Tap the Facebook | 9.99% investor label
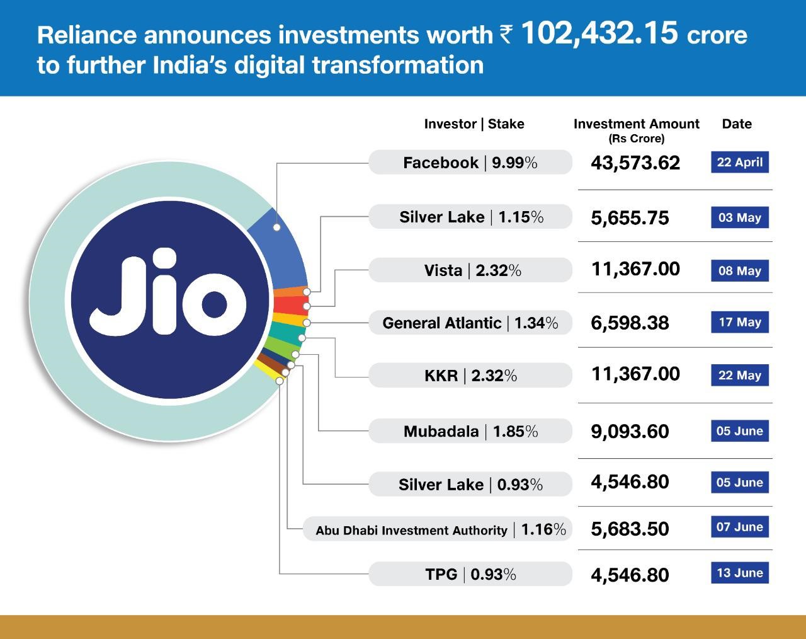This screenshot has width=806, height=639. [x=470, y=163]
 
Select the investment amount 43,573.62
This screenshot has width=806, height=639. [x=635, y=163]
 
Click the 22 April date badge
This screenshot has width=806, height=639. [x=740, y=162]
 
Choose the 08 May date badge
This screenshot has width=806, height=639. [x=740, y=271]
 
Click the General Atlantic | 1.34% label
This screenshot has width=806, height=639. [x=470, y=323]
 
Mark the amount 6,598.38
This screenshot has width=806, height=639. [x=630, y=323]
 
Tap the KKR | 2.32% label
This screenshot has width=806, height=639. [x=470, y=376]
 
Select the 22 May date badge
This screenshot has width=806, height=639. [x=740, y=375]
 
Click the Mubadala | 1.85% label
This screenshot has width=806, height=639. [x=470, y=432]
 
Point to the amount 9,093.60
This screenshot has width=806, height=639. [x=630, y=432]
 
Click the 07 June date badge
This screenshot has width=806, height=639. [x=740, y=527]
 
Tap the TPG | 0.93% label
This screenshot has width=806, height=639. [x=470, y=575]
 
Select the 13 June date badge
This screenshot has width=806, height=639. [x=740, y=573]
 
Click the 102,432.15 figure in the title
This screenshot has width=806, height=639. [x=599, y=33]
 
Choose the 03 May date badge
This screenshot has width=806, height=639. [x=740, y=217]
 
